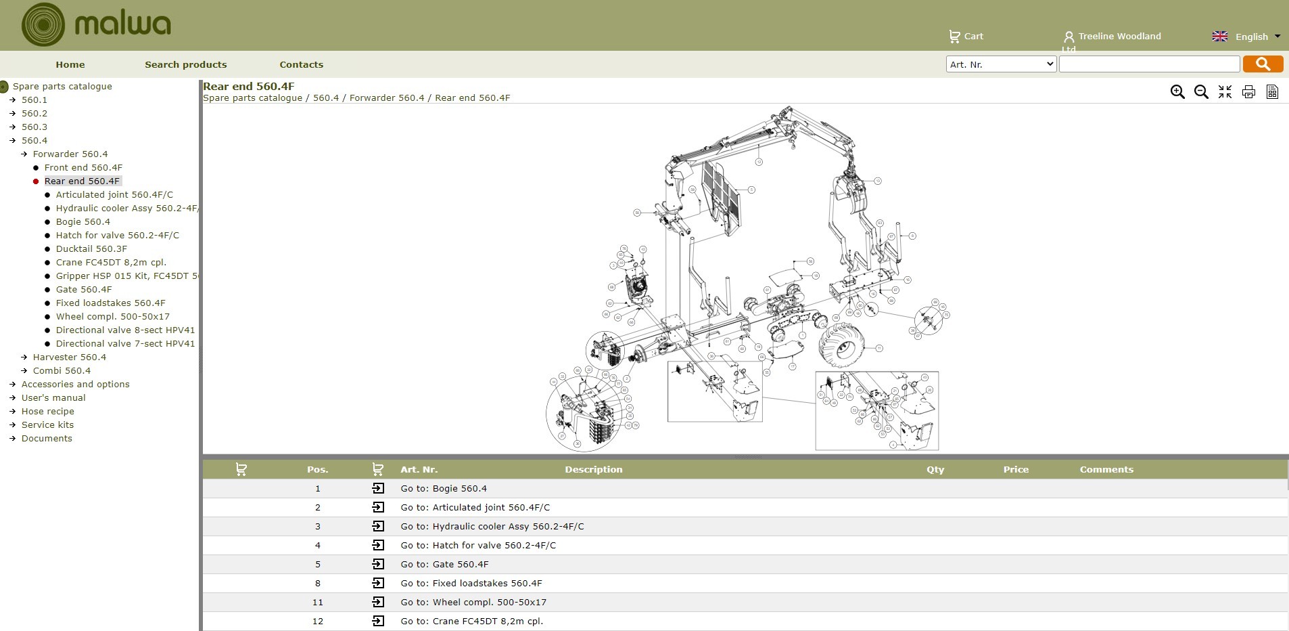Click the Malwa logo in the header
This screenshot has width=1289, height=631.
[x=95, y=25]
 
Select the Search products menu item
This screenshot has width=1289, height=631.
[x=185, y=65]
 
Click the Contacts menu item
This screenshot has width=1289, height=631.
[x=301, y=65]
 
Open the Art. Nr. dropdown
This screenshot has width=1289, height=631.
[x=1000, y=64]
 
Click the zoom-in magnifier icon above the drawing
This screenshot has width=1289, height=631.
[x=1177, y=92]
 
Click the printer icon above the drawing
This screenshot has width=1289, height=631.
[x=1248, y=92]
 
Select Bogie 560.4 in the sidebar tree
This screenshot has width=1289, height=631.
[x=83, y=222]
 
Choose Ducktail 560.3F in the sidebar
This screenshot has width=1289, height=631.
[x=91, y=249]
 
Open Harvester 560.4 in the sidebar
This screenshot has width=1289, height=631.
[x=69, y=357]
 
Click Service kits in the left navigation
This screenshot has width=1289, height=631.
[x=47, y=425]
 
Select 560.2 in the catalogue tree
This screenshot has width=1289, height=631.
[x=34, y=114]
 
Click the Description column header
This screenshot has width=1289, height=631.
[x=593, y=470]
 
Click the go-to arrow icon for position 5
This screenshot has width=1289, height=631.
[x=378, y=564]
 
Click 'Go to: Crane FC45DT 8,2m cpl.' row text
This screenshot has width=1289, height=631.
[x=471, y=622]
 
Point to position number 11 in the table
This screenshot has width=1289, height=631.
[x=317, y=603]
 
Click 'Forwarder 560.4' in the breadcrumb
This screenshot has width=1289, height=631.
[x=386, y=98]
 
